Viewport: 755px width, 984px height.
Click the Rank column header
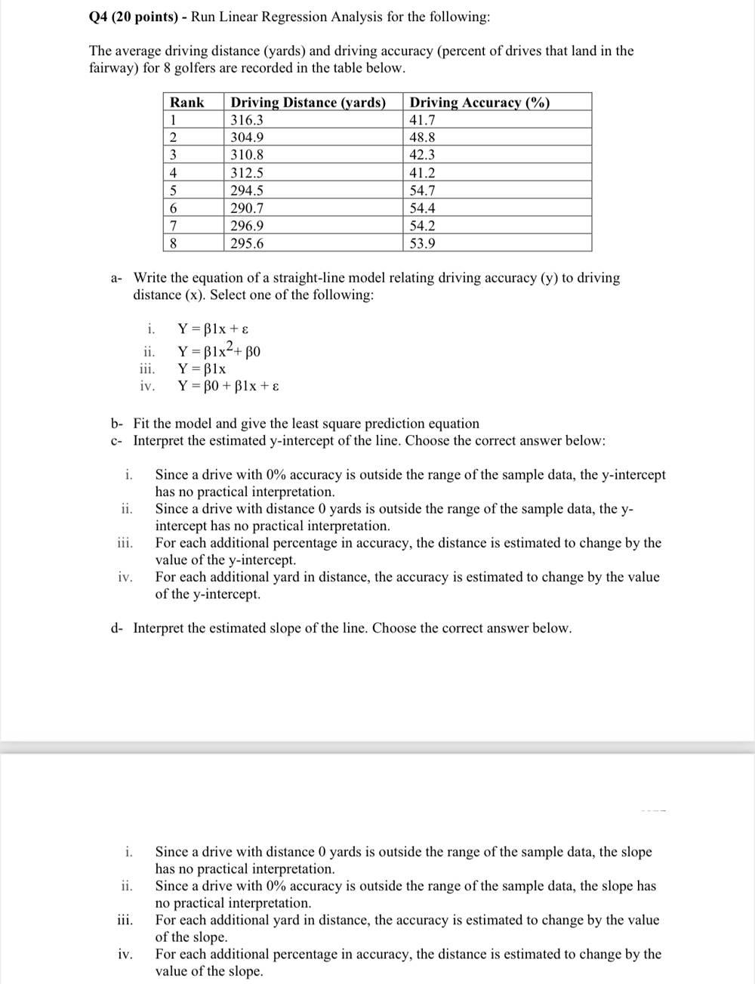click(186, 103)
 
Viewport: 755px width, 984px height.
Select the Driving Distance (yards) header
click(308, 103)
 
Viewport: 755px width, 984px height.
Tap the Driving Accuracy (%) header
click(479, 103)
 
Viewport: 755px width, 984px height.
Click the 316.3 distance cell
click(247, 120)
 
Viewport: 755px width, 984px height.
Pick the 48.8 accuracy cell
click(422, 137)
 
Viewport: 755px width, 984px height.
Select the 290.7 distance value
click(247, 208)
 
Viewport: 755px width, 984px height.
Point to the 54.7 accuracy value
click(422, 190)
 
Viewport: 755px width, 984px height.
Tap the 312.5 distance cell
click(247, 173)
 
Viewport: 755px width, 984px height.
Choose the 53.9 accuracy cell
click(422, 243)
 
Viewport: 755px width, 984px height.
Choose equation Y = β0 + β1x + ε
click(229, 386)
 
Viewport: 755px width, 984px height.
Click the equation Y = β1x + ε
click(213, 329)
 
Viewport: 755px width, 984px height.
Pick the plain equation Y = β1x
click(202, 369)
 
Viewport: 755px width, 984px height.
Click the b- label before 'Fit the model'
click(116, 424)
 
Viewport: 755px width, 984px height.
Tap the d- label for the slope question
click(116, 628)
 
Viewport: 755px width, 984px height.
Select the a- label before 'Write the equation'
click(116, 278)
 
